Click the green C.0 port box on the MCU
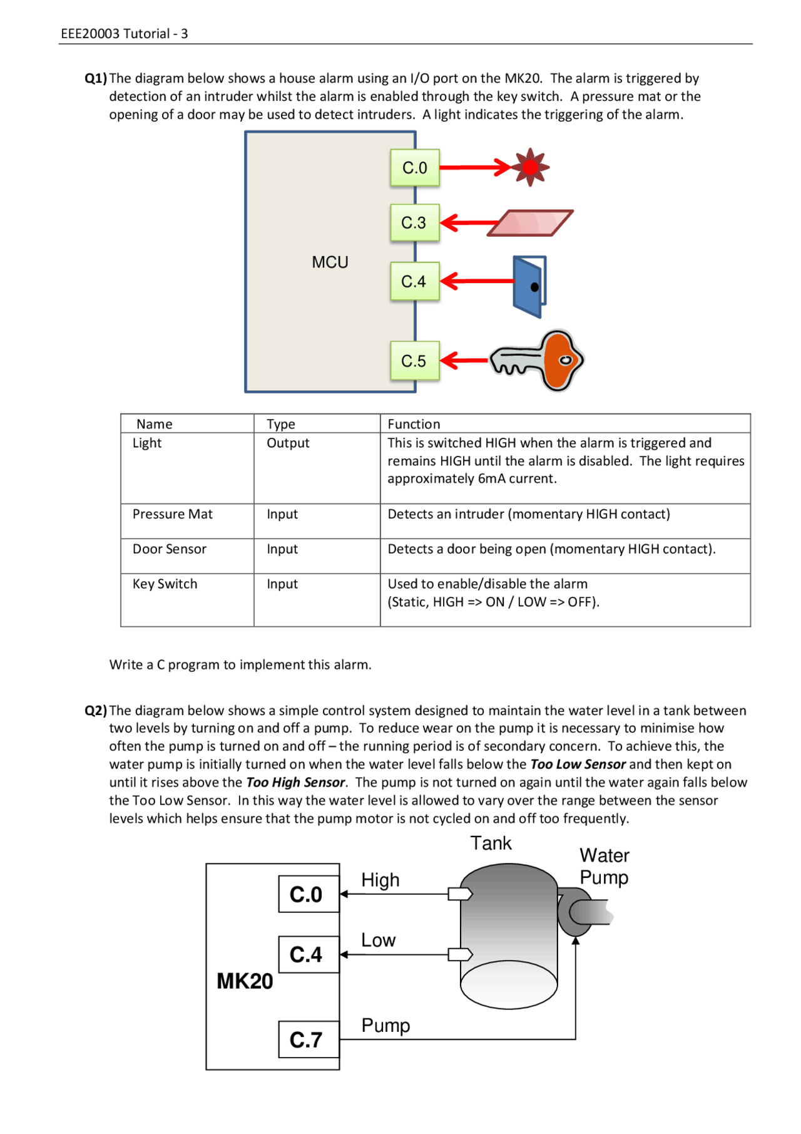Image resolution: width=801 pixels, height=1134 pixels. point(414,168)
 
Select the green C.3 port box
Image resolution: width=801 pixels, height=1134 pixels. point(414,223)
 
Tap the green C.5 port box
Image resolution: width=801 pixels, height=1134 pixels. point(414,361)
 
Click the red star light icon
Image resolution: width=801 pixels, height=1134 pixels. point(530,167)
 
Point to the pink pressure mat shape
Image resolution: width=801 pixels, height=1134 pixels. point(531,223)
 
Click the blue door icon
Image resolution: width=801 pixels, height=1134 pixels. point(529,287)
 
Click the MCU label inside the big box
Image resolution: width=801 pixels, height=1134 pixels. point(330,262)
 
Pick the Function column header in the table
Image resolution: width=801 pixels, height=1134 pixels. point(414,424)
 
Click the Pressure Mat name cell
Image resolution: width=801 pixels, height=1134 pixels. point(172,514)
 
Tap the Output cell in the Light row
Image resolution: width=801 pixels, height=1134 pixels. point(288,443)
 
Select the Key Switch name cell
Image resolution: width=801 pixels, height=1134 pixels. point(165,584)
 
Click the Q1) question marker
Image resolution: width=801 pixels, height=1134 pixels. point(96,78)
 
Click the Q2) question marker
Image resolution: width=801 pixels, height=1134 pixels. point(96,711)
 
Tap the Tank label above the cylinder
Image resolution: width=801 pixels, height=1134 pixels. point(491,843)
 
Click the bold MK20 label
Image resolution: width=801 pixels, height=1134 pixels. point(245,981)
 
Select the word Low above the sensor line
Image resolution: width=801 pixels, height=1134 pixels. point(378,940)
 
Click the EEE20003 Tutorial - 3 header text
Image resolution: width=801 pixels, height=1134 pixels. point(125,34)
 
